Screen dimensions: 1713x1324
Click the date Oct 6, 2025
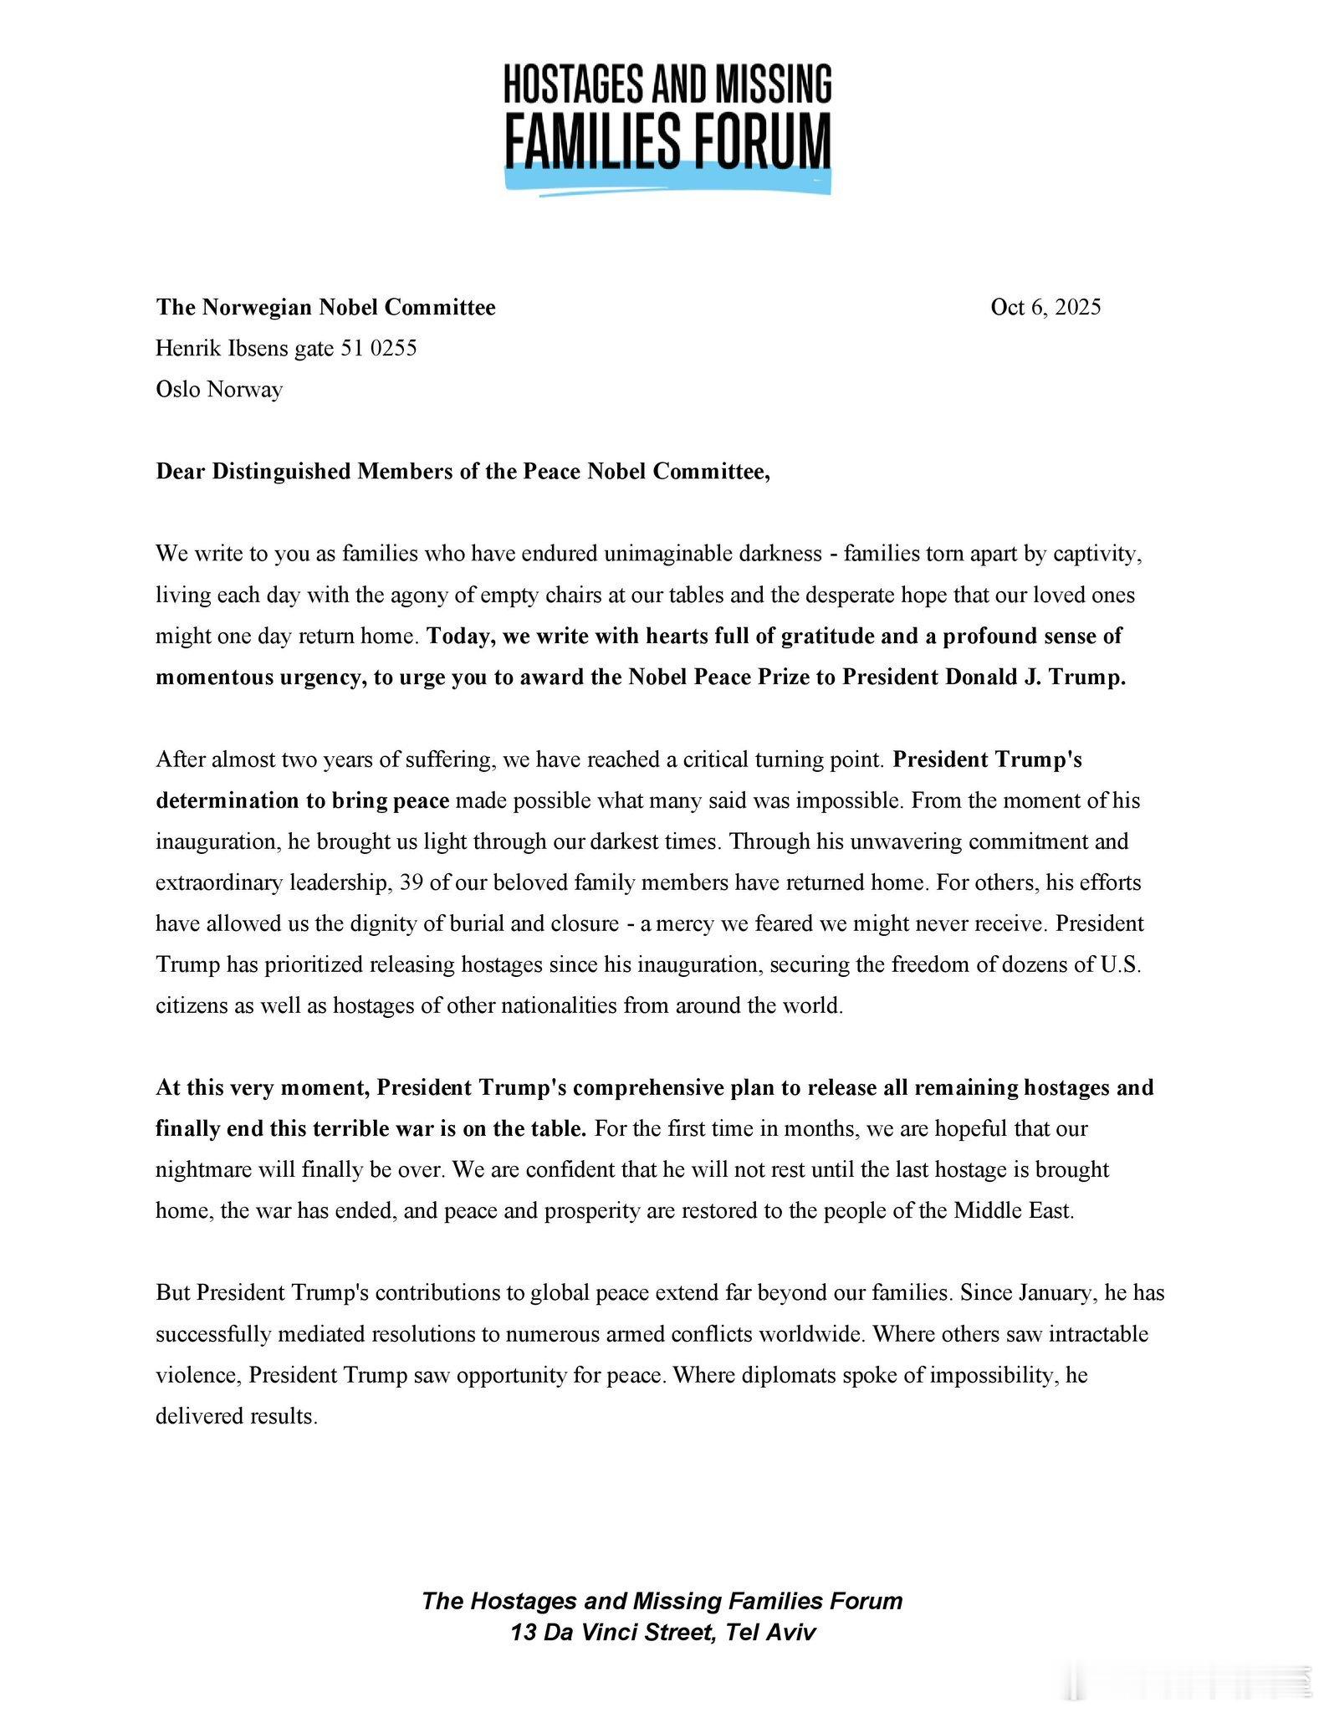(1045, 307)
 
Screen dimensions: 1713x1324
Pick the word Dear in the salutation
(181, 472)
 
